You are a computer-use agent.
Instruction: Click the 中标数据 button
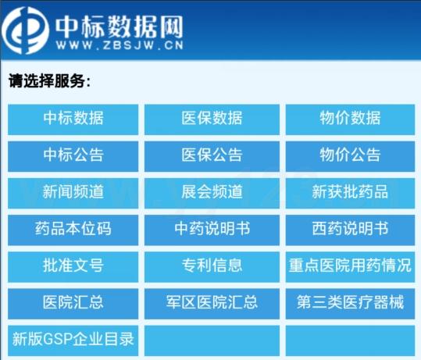coord(73,119)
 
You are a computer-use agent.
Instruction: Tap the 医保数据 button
coord(212,119)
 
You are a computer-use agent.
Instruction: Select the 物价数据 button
coord(350,119)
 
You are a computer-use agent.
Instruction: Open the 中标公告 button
coord(73,156)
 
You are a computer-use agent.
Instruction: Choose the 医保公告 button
coord(212,156)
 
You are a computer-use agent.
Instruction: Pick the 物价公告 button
coord(350,156)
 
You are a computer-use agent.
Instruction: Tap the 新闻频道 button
coord(73,194)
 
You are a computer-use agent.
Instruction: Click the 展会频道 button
coord(212,194)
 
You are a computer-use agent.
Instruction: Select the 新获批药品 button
coord(350,194)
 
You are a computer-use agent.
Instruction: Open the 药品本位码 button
coord(73,230)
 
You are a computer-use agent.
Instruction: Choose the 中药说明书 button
coord(212,230)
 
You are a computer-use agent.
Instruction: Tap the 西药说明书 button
coord(350,230)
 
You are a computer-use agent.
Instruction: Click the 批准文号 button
coord(73,267)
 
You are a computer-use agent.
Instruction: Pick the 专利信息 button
coord(212,267)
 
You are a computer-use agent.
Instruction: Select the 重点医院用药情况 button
coord(350,267)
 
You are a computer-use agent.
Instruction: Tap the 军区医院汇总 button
coord(212,304)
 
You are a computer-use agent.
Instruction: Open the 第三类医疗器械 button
coord(350,304)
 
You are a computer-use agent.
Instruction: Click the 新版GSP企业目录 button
coord(73,340)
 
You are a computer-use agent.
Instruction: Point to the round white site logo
coord(25,30)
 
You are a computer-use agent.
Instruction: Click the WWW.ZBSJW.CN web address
coord(120,45)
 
